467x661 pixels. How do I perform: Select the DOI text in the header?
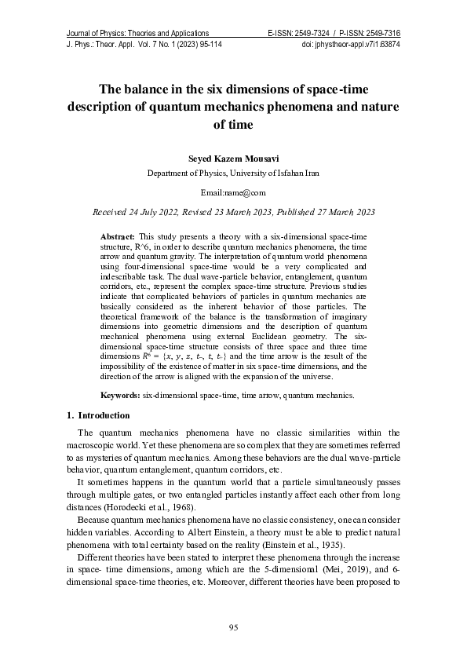351,45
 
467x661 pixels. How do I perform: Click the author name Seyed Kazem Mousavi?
233,159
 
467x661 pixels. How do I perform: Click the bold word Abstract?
118,236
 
